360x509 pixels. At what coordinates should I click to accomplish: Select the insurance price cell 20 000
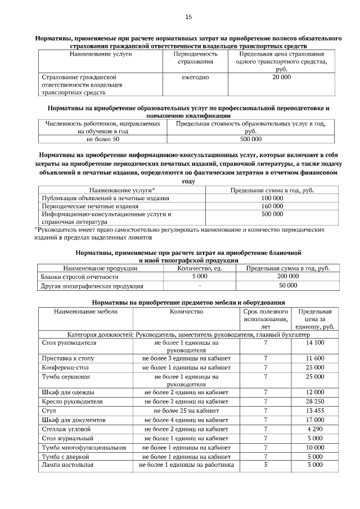pyautogui.click(x=281, y=76)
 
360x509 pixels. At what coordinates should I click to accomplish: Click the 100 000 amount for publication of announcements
pyautogui.click(x=272, y=199)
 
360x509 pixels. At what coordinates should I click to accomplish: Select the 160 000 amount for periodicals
pyautogui.click(x=272, y=206)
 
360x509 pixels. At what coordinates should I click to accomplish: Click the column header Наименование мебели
pyautogui.click(x=85, y=311)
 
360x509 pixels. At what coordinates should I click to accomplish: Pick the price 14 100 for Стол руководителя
pyautogui.click(x=315, y=342)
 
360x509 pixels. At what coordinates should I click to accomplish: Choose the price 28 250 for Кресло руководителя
pyautogui.click(x=315, y=402)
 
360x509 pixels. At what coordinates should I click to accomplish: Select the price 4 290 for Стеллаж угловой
pyautogui.click(x=315, y=429)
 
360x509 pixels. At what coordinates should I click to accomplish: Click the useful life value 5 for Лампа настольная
pyautogui.click(x=265, y=465)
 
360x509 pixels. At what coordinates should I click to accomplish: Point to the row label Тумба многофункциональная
pyautogui.click(x=84, y=447)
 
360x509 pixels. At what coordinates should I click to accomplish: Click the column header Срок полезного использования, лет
pyautogui.click(x=265, y=318)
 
